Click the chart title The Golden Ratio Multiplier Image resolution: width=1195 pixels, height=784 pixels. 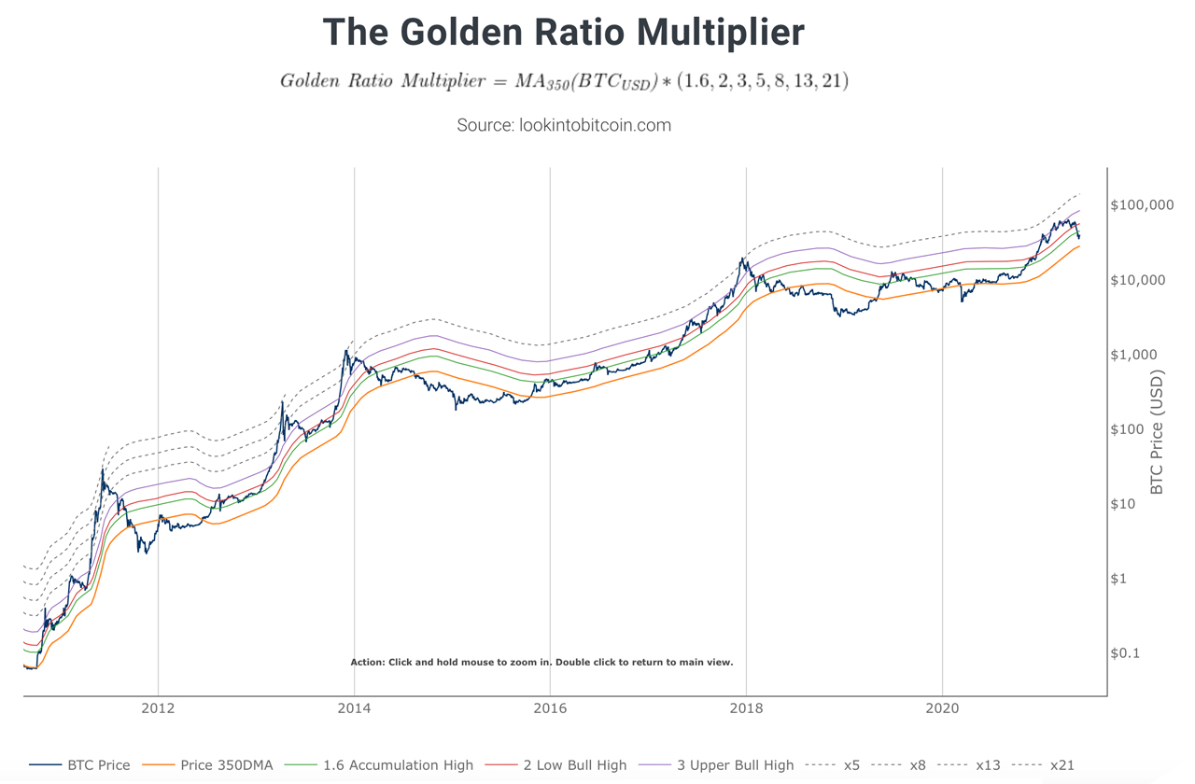tap(563, 33)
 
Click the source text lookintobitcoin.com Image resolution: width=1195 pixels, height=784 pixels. tap(563, 125)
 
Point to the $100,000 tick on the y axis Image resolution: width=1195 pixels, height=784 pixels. tap(1142, 205)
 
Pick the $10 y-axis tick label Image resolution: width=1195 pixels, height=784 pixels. tap(1125, 504)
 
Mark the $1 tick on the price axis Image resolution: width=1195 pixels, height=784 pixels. tap(1120, 579)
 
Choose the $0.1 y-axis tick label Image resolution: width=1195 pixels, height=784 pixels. tap(1127, 653)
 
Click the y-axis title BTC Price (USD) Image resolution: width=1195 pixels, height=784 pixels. tap(1158, 432)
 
